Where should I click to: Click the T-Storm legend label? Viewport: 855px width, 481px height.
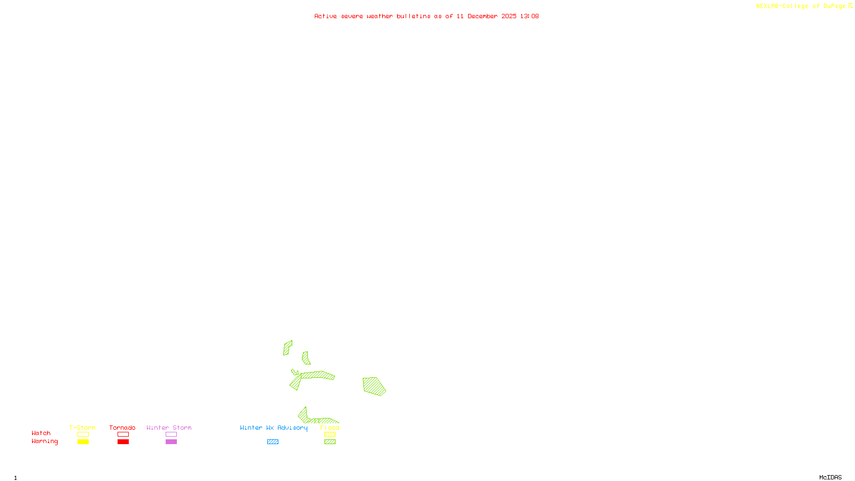point(82,428)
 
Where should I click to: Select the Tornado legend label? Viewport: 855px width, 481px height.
point(122,428)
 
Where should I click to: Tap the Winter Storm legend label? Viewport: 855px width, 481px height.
point(169,428)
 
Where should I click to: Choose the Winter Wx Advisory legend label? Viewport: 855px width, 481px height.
point(274,428)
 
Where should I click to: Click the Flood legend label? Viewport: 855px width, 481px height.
point(330,428)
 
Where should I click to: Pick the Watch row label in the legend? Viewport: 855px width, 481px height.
point(41,433)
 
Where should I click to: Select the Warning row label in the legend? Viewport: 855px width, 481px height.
point(44,441)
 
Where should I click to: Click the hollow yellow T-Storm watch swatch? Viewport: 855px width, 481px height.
point(83,435)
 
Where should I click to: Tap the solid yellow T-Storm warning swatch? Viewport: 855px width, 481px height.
point(83,442)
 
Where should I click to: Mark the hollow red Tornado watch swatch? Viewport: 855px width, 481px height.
point(123,435)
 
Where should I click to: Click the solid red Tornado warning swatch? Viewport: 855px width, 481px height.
point(123,442)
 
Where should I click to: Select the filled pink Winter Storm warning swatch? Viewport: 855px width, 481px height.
point(171,442)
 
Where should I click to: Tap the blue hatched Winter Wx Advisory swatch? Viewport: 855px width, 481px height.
point(273,442)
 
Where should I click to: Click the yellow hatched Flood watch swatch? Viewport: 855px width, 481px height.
point(330,435)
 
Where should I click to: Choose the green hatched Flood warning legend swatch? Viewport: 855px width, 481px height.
point(330,442)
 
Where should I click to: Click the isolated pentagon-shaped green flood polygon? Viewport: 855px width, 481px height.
point(374,386)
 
